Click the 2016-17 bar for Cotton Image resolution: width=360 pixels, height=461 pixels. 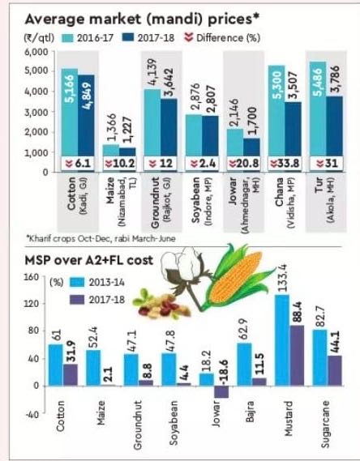(70, 113)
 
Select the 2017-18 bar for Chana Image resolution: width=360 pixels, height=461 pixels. (293, 129)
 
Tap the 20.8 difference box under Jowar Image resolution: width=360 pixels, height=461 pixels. (244, 164)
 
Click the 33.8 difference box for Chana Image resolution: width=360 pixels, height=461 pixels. (285, 164)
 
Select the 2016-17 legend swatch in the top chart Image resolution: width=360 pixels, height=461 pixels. (67, 38)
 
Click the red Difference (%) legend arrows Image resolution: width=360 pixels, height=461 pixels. (189, 37)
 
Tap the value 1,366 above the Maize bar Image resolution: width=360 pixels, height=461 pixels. (111, 128)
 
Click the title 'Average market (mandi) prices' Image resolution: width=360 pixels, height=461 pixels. (142, 19)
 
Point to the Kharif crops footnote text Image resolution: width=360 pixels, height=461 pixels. (101, 238)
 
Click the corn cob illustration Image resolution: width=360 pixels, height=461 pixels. (238, 277)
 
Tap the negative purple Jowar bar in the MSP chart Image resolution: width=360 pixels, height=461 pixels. (221, 391)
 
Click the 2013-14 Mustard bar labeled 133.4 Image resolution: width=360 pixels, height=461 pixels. (282, 339)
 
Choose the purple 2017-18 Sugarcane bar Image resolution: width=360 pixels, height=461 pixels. (335, 371)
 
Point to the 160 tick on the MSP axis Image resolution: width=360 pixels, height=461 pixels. (32, 277)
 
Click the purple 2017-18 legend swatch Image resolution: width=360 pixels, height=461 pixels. (77, 300)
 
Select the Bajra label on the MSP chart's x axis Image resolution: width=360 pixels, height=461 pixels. (250, 412)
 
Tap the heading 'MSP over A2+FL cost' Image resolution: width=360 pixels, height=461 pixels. (89, 261)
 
